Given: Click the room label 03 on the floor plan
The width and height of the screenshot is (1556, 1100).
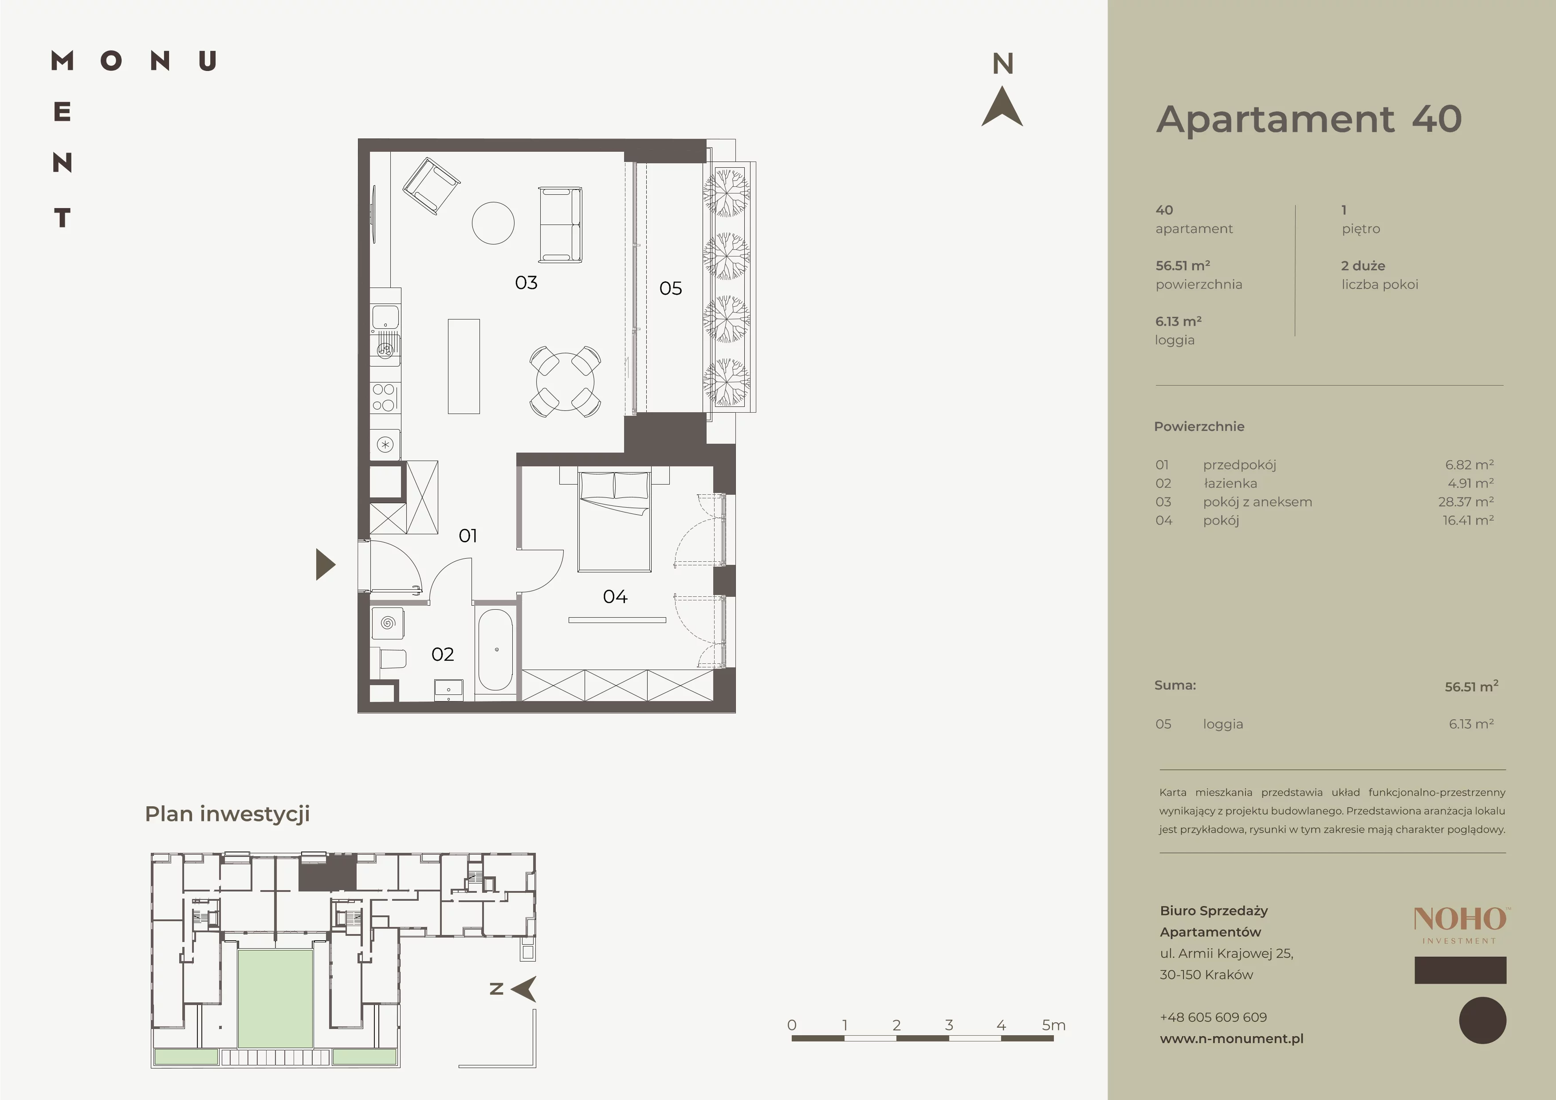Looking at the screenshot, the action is point(526,283).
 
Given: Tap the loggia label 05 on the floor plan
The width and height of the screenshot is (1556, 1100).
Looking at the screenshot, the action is point(670,289).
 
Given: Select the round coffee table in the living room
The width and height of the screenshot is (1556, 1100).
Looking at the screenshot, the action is point(493,223).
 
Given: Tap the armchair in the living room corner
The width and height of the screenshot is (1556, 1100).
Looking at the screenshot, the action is point(432,186).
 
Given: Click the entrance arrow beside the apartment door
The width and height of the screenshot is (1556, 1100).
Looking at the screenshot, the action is point(325,564).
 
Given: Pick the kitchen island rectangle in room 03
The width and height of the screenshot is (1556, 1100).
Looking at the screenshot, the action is point(464,366).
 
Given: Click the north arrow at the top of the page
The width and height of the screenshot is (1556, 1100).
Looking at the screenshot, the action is point(1002,108).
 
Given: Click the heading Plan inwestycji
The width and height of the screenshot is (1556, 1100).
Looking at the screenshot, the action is point(228,814).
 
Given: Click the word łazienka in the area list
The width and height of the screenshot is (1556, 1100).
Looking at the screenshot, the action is point(1230,483).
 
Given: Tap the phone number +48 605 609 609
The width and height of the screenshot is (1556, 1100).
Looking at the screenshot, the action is point(1213,1017).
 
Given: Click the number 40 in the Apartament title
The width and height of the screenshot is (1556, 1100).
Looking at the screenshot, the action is point(1437,119).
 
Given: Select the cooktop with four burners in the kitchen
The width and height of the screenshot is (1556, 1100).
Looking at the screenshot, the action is point(384,397).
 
